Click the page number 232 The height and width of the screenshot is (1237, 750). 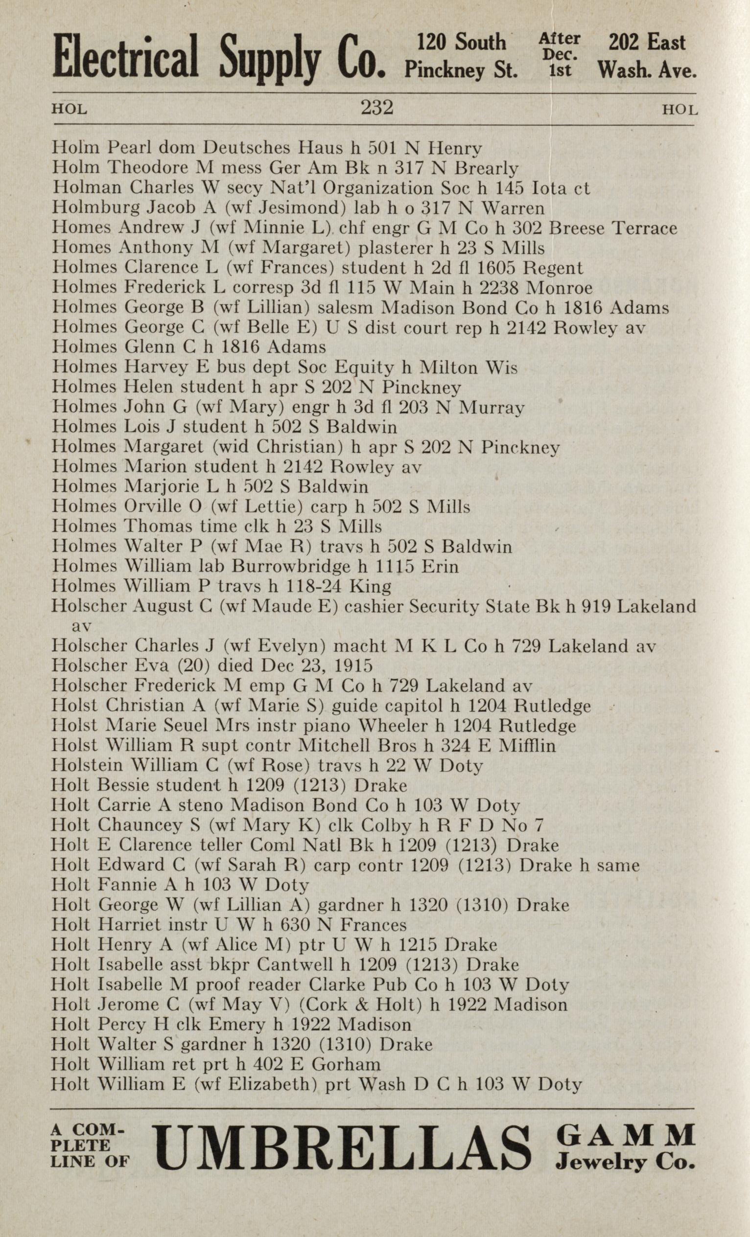coord(376,108)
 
